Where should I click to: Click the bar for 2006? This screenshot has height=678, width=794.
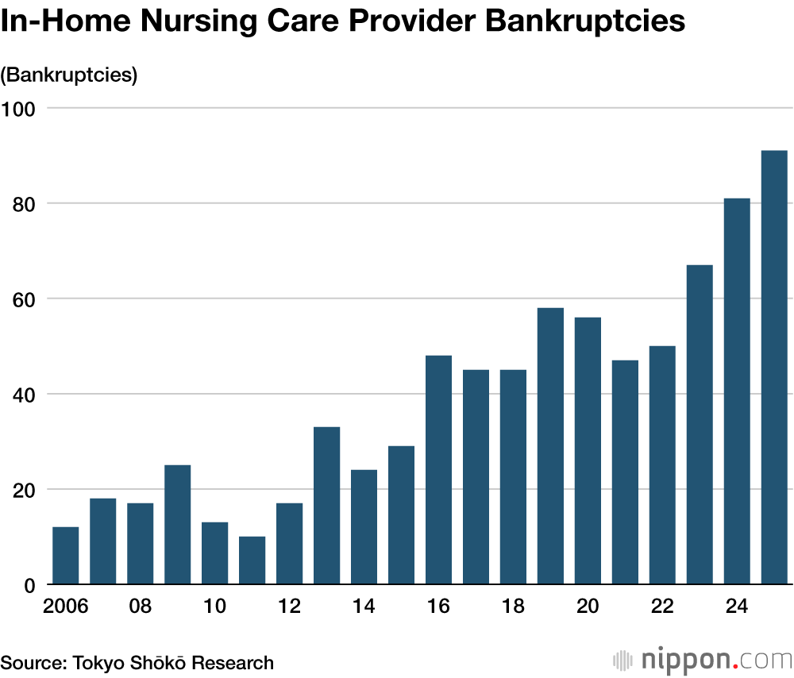coord(66,556)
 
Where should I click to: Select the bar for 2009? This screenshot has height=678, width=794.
coord(178,525)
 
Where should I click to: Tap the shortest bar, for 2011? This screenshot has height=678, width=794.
coord(252,561)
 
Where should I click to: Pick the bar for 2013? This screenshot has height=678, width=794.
coord(327,506)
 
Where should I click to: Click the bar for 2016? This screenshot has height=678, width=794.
coord(438,470)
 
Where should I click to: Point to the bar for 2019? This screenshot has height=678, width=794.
coord(550,446)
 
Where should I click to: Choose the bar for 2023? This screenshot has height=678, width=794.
coord(700,425)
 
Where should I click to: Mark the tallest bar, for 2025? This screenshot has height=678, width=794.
coord(774,368)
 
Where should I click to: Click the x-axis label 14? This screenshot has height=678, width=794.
coord(364,607)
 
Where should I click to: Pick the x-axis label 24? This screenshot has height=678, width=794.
coord(737,607)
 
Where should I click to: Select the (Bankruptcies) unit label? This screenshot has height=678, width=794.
coord(69,75)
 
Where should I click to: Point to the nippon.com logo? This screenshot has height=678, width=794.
coord(703,660)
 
